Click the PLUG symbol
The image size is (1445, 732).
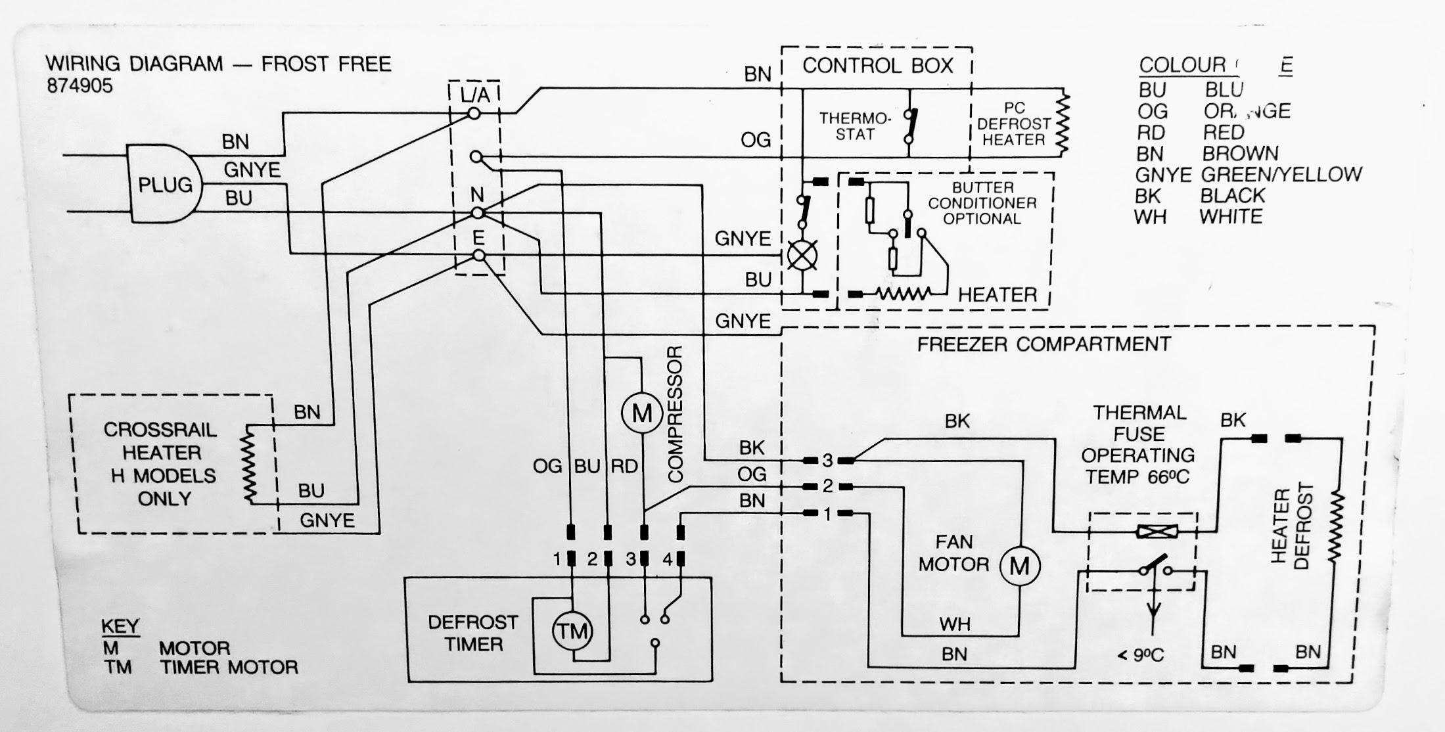tap(164, 184)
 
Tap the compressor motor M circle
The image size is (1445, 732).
tap(641, 413)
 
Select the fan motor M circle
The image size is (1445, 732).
tap(1019, 565)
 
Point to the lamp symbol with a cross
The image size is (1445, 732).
tap(802, 255)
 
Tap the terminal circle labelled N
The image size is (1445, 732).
tap(478, 213)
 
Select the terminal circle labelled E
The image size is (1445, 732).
tap(479, 256)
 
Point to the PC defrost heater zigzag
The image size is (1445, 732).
tap(1062, 124)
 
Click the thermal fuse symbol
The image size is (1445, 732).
tap(1157, 531)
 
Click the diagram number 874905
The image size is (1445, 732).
tap(80, 86)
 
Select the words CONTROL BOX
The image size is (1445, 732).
tap(877, 66)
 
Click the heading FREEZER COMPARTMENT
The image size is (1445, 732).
tap(1044, 344)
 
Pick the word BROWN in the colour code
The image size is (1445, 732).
tap(1240, 154)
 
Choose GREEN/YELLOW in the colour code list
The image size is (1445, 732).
tap(1281, 175)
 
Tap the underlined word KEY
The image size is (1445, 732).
tap(120, 626)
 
